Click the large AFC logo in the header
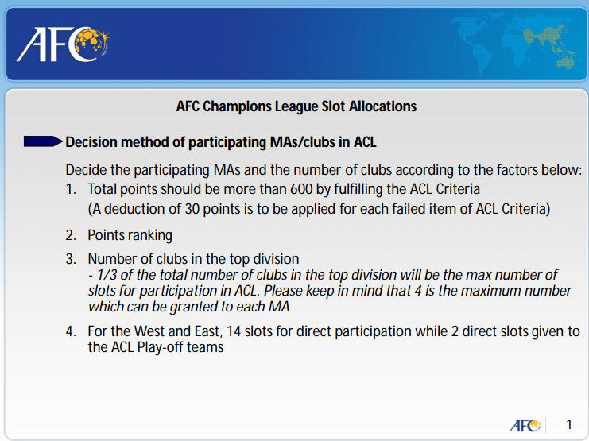pos(63,44)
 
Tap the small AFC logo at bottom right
pos(525,425)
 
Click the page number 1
pos(569,424)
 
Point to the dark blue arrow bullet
pos(43,141)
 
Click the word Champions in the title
pos(237,106)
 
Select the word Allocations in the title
pos(383,106)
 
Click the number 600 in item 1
pos(301,188)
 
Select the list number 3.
pos(71,259)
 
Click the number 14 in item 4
pos(234,331)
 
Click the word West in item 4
pos(149,331)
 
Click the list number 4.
pos(71,331)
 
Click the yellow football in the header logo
pos(90,41)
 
